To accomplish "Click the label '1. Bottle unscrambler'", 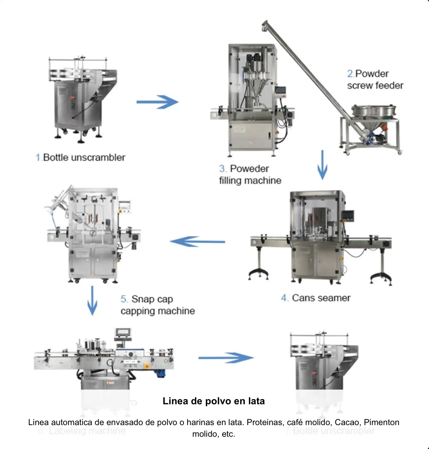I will [81, 157].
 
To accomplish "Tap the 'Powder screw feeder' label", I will [375, 80].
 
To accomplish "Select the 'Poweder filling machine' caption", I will [250, 175].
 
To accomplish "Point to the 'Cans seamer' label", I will [316, 298].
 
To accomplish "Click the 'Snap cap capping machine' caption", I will [158, 305].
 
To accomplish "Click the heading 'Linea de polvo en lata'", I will [214, 401].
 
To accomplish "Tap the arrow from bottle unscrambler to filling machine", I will [157, 102].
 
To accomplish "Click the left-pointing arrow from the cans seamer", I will [197, 242].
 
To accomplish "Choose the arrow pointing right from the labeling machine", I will [226, 357].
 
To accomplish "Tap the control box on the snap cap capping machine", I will [125, 207].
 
